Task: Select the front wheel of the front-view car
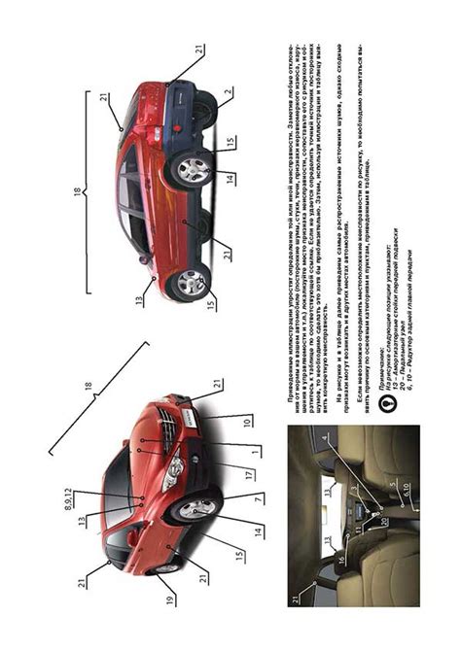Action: tap(197, 509)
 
